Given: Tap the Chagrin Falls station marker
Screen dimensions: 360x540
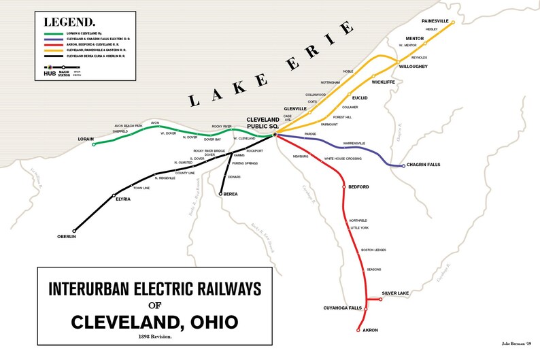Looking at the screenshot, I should [403, 165].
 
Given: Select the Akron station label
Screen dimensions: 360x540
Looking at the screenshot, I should [371, 330].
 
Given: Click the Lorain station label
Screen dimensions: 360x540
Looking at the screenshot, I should [86, 139].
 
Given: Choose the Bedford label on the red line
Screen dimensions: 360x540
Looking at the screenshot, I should [358, 186].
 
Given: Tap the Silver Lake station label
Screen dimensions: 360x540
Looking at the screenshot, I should [394, 293].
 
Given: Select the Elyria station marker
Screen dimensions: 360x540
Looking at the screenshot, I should [114, 196].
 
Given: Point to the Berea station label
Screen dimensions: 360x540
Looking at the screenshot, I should [229, 194].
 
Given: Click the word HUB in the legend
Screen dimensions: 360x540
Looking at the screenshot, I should [49, 73].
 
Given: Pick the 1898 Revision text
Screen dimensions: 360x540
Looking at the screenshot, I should [153, 337].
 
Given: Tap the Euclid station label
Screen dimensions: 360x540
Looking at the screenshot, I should [360, 98].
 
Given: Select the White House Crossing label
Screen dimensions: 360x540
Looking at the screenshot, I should [342, 159].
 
